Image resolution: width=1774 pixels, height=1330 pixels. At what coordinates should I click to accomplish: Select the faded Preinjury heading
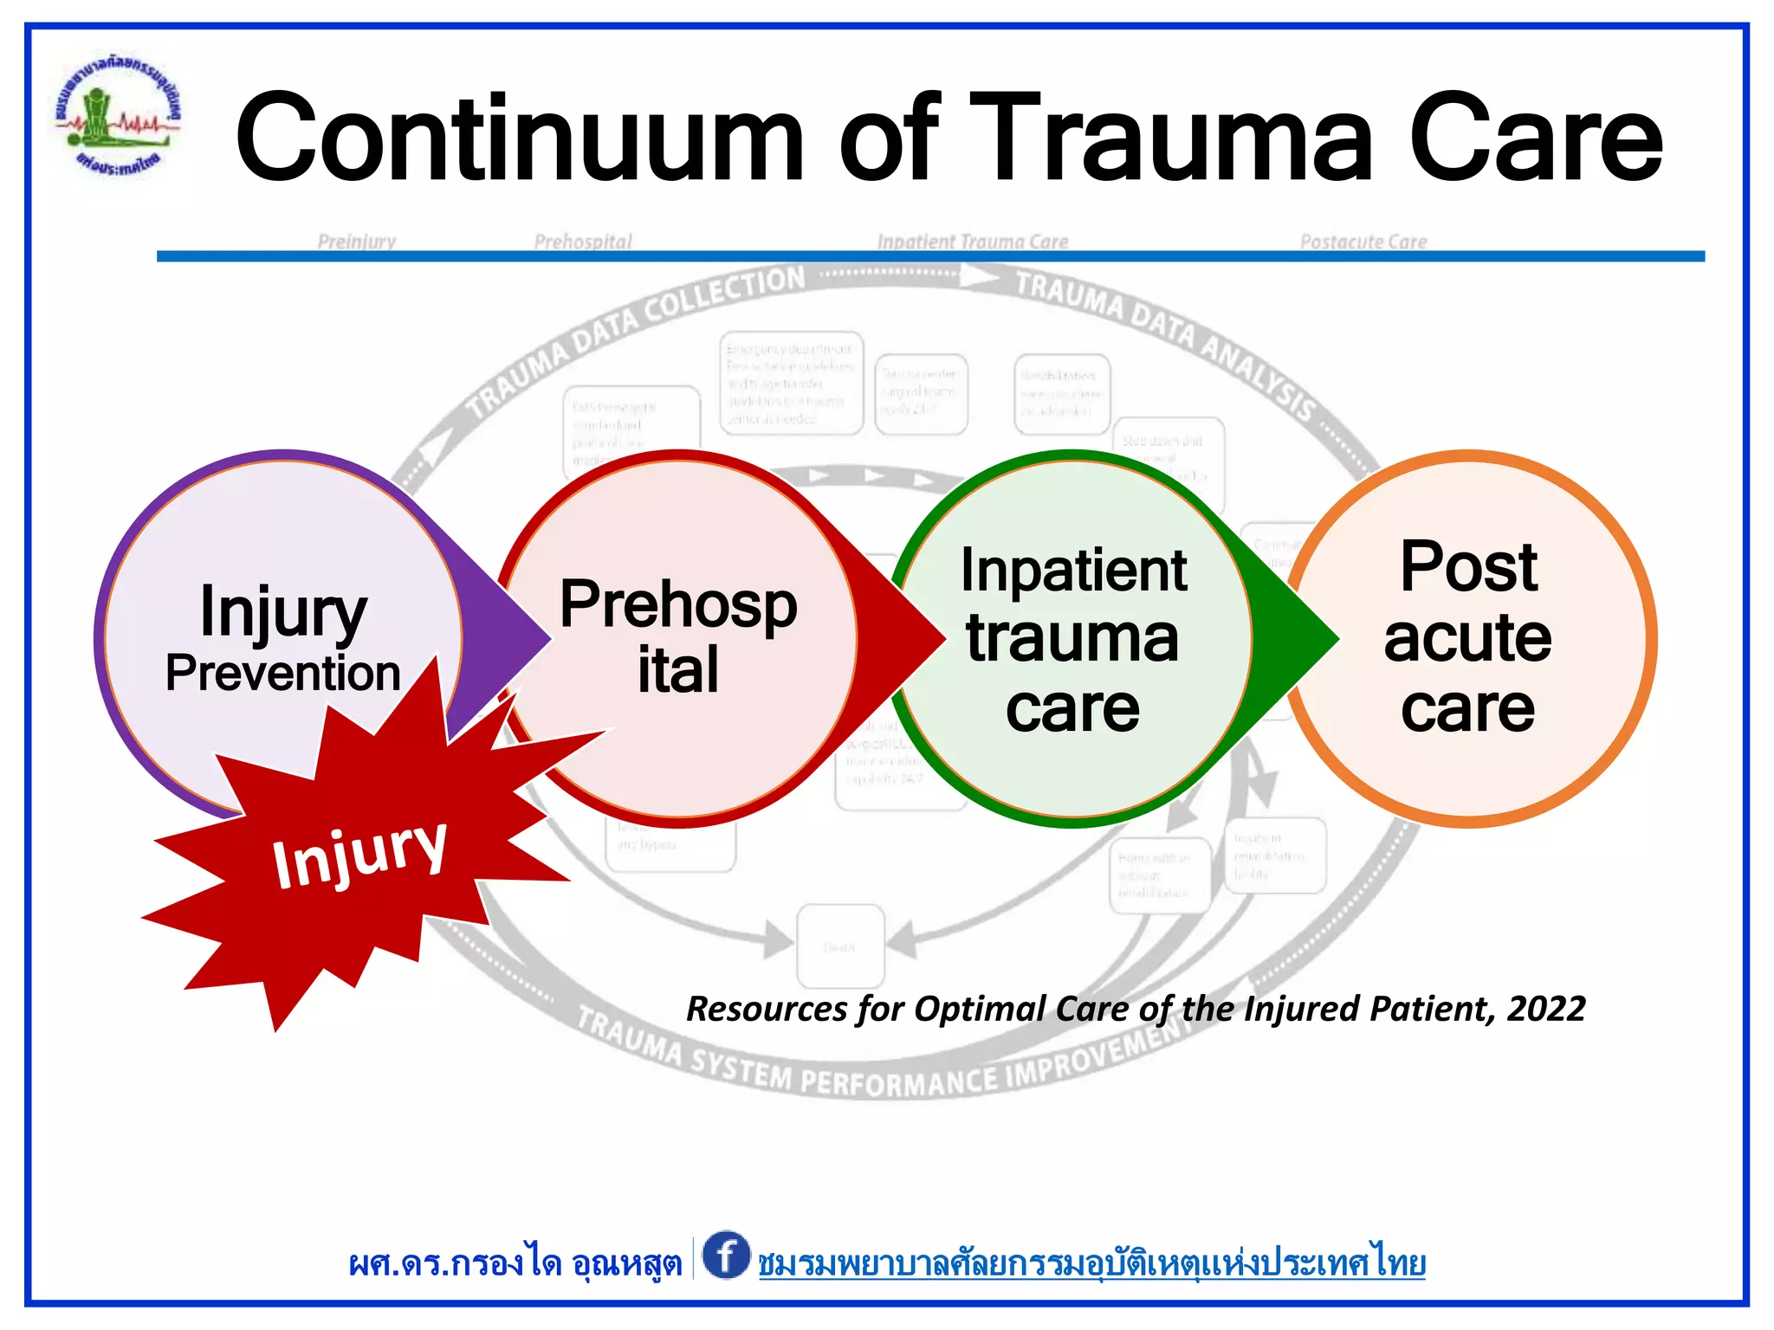pos(356,242)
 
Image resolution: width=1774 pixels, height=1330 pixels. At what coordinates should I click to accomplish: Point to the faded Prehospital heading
pos(583,242)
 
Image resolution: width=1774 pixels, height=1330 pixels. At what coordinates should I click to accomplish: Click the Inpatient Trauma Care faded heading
pos(972,242)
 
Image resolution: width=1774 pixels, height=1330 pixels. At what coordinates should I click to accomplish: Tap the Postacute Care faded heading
pos(1363,242)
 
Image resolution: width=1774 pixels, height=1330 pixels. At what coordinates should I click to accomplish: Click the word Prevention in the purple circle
pos(283,674)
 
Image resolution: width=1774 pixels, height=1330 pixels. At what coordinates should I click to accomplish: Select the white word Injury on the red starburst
pos(359,854)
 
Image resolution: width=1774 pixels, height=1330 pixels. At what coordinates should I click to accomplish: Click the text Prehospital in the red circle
pos(678,636)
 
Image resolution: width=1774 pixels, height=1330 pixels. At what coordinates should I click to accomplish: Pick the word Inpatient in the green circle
pos(1073,571)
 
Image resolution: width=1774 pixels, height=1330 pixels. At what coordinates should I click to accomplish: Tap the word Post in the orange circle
pos(1468,568)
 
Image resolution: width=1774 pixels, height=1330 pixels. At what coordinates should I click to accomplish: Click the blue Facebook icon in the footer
pos(726,1255)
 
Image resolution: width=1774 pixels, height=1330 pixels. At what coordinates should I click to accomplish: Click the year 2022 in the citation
pos(1546,1010)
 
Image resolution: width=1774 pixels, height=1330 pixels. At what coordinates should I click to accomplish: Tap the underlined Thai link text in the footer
pos(1091,1263)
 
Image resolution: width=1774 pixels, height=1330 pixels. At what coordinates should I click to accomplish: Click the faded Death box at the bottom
pos(839,946)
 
